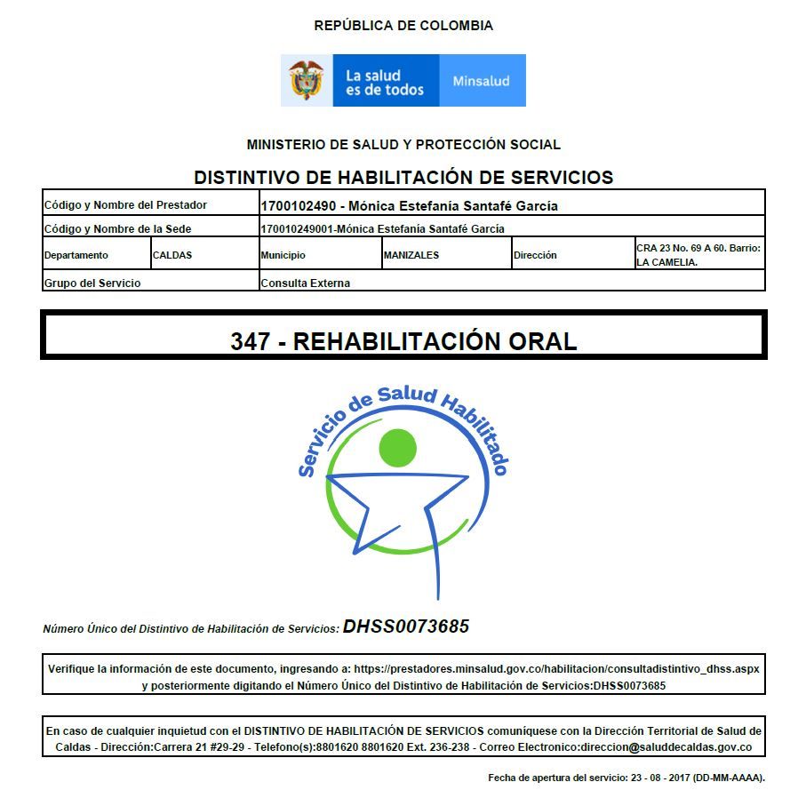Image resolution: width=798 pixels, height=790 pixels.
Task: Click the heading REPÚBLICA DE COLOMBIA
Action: [403, 26]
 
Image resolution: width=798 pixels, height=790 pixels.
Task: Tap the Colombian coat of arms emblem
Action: [307, 80]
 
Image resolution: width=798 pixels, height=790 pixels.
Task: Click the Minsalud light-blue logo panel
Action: [482, 81]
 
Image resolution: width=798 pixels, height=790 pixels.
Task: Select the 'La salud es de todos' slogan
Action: [384, 82]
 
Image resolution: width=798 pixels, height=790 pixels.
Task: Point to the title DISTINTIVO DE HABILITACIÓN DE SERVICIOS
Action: [403, 177]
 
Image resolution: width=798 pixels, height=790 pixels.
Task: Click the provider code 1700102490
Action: [297, 206]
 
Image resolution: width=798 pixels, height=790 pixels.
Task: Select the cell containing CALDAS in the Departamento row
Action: [172, 255]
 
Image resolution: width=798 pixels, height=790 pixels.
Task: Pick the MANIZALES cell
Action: [411, 255]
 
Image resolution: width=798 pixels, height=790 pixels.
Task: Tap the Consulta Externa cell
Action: [306, 283]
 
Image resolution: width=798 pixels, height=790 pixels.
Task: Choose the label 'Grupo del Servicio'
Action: [92, 283]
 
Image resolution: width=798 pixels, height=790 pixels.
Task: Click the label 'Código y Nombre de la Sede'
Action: [117, 229]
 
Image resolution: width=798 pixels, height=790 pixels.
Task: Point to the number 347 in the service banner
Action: [250, 341]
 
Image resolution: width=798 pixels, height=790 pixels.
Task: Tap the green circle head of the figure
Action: [403, 448]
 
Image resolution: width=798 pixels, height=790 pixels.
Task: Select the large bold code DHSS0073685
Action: [406, 626]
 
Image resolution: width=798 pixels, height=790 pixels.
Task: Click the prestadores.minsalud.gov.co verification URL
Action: [556, 668]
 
